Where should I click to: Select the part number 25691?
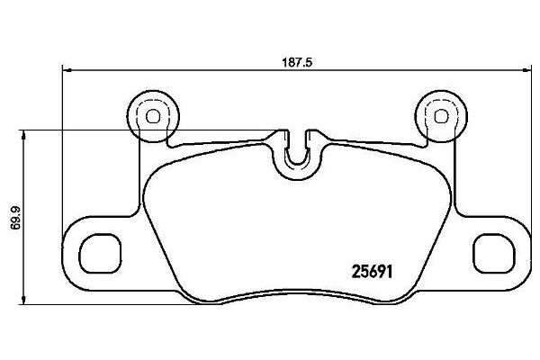pyautogui.click(x=373, y=268)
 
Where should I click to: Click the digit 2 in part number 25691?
pyautogui.click(x=353, y=268)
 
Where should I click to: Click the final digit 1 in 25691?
pyautogui.click(x=395, y=268)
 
